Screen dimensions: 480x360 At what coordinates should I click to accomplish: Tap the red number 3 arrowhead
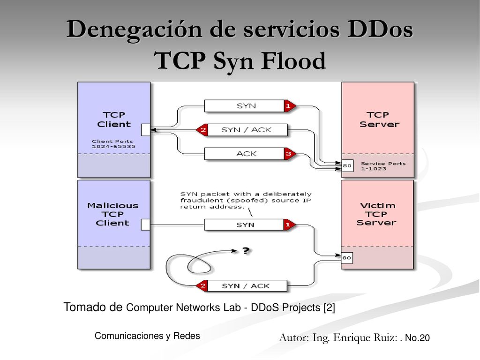click(x=290, y=154)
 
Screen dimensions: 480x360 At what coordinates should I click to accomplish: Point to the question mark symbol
click(x=246, y=251)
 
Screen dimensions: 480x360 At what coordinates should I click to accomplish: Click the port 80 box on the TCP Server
click(x=347, y=165)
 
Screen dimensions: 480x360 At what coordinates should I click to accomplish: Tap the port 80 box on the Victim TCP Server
click(x=347, y=258)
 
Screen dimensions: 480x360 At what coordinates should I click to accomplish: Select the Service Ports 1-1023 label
click(x=383, y=166)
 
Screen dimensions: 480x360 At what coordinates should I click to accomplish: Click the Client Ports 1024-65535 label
click(x=113, y=144)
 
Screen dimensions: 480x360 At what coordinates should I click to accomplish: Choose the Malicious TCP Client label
click(x=112, y=214)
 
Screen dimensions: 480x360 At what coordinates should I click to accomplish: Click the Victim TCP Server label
click(x=376, y=214)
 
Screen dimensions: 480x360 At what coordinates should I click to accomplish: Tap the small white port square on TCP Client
click(x=146, y=130)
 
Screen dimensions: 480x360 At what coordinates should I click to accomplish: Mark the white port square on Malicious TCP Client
click(x=145, y=225)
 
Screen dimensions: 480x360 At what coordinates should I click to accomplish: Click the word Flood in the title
click(x=293, y=60)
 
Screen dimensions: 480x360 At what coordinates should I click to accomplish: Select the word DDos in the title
click(x=380, y=30)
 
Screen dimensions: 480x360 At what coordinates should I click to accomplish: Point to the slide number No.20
click(x=417, y=338)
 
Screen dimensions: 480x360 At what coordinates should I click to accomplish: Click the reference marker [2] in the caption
click(x=330, y=307)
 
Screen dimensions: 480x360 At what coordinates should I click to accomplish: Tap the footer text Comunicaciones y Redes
click(x=147, y=336)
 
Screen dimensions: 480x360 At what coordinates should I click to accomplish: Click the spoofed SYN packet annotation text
click(x=246, y=201)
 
